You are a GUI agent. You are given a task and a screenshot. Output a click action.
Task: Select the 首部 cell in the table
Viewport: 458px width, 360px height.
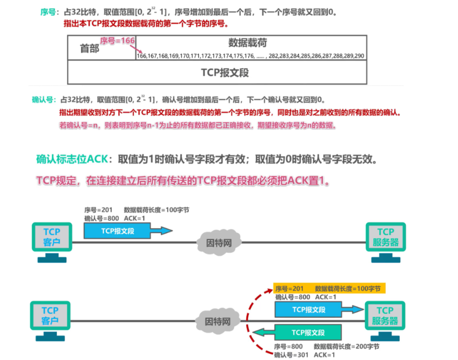pyautogui.click(x=90, y=48)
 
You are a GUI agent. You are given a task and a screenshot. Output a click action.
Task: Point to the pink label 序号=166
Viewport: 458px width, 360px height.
pyautogui.click(x=117, y=41)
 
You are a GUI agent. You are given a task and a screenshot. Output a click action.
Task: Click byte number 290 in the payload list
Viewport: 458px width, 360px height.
pyautogui.click(x=359, y=56)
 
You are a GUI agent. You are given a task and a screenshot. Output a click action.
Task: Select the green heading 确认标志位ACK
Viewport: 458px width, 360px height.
pyautogui.click(x=70, y=159)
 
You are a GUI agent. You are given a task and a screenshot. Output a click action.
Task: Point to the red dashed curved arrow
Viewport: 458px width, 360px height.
pyautogui.click(x=249, y=318)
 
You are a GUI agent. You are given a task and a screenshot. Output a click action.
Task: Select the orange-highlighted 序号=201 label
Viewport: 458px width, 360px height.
pyautogui.click(x=289, y=289)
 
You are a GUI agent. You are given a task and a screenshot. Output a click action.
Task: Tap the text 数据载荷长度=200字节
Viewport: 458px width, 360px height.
pyautogui.click(x=346, y=347)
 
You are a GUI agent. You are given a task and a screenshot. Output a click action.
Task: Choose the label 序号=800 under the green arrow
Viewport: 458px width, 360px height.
pyautogui.click(x=288, y=347)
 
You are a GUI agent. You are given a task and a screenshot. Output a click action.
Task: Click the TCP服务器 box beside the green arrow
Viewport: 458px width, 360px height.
pyautogui.click(x=385, y=316)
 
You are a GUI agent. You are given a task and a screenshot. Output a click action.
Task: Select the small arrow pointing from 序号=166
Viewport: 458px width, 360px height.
pyautogui.click(x=139, y=50)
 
